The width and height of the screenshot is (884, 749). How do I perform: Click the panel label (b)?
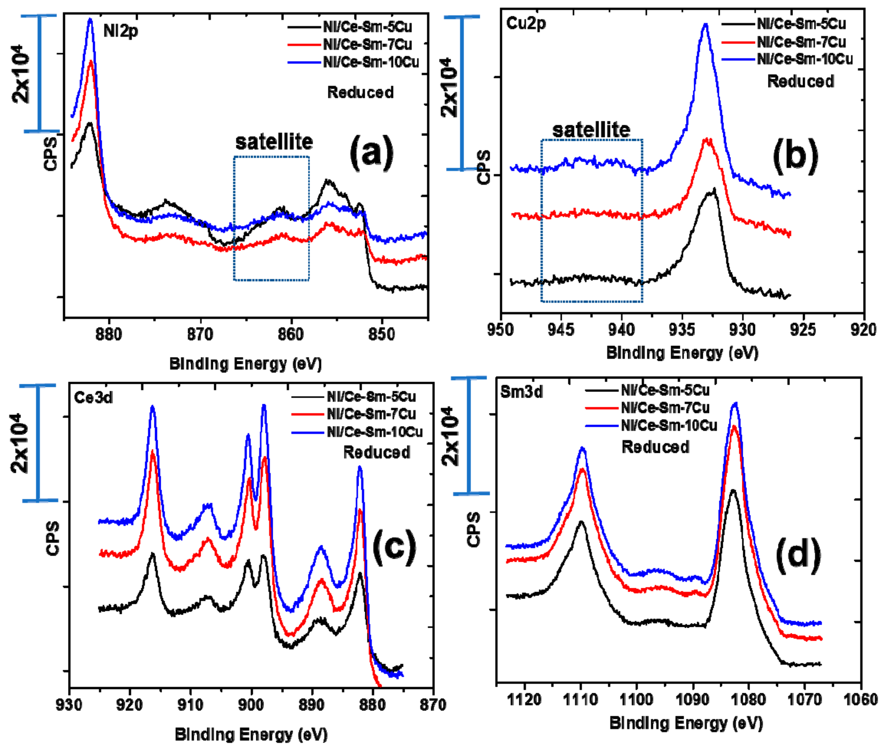pos(795,155)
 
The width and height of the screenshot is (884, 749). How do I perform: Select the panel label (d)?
pos(798,555)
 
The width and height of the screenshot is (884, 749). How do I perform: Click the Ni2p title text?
pos(121,31)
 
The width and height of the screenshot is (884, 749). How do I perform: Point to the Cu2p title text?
pos(526,24)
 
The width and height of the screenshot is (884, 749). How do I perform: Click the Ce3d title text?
pos(93,398)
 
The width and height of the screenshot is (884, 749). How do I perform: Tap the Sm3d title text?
pos(521,392)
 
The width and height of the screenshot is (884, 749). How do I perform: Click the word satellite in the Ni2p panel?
pos(274,142)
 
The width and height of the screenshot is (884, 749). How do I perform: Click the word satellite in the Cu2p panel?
pos(591,130)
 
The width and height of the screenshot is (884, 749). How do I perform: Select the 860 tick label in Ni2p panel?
pos(291,335)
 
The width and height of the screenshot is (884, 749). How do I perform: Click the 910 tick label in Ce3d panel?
pos(191,705)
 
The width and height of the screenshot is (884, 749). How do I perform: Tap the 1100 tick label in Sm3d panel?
pos(636,699)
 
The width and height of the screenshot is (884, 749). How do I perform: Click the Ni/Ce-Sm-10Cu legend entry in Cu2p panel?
pos(805,59)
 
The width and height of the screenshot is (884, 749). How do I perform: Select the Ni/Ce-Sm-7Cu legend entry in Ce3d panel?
pos(371,413)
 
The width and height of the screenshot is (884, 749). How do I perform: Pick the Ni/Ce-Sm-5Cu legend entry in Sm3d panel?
pos(665,390)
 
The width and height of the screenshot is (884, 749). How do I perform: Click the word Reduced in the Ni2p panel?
pos(360,93)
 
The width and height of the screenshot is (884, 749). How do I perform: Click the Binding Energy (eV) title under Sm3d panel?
pos(686,723)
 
